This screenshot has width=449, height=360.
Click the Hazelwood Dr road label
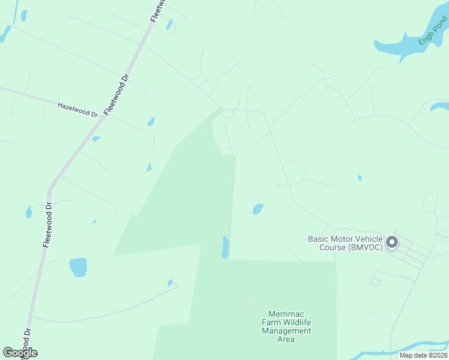(77, 109)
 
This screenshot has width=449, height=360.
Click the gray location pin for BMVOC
(392, 242)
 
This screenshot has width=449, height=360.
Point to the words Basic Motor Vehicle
(345, 239)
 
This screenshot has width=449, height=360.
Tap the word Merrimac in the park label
(286, 314)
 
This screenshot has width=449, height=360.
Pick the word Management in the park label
(286, 331)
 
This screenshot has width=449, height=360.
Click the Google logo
(20, 353)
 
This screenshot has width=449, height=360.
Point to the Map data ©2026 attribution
(423, 355)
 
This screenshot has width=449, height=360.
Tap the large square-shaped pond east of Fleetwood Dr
(78, 267)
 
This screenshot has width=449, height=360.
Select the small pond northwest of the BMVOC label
(258, 209)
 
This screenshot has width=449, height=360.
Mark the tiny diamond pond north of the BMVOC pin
(360, 178)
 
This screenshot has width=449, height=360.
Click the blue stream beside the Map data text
(420, 347)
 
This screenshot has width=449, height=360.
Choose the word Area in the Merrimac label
(286, 339)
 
